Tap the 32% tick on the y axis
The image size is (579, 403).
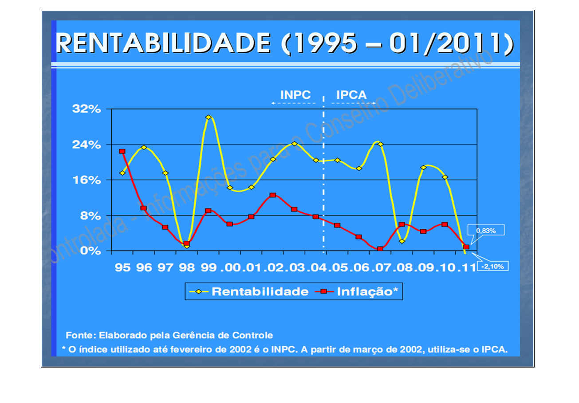click(87, 109)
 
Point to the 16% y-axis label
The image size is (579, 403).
click(87, 180)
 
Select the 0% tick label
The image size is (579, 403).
click(91, 250)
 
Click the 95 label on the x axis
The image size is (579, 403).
click(122, 267)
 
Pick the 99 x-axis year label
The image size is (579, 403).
click(208, 267)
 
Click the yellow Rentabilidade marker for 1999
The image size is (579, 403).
click(208, 117)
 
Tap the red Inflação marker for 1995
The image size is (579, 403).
click(122, 152)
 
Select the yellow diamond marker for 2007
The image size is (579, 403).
click(380, 144)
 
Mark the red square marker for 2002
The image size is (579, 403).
click(273, 195)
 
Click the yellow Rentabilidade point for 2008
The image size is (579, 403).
click(402, 241)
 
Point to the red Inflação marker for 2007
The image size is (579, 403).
click(380, 249)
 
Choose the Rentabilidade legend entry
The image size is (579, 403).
click(248, 292)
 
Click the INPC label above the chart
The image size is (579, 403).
click(295, 95)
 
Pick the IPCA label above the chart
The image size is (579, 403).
click(351, 95)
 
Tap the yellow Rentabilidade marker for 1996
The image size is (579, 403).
click(144, 147)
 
